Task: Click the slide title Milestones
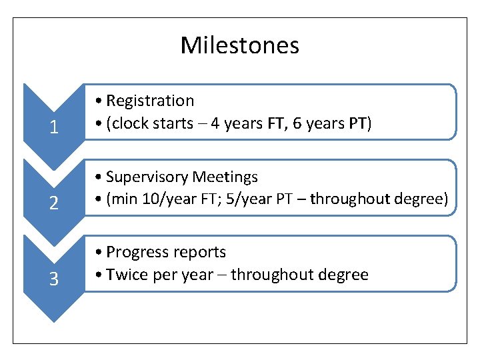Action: pos(239,45)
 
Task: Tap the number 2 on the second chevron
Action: pos(53,203)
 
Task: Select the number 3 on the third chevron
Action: pos(53,279)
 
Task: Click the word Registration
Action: pos(150,101)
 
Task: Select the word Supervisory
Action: pos(147,177)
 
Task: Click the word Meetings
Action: pos(225,177)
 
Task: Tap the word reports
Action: pos(198,252)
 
